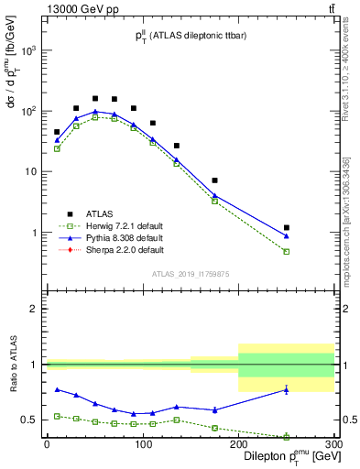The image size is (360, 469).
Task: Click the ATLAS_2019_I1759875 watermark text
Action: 190,274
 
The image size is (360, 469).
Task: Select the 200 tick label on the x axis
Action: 238,446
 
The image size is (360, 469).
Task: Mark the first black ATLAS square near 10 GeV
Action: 57,132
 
